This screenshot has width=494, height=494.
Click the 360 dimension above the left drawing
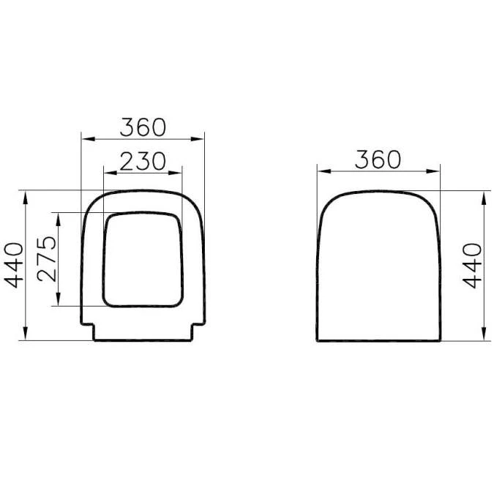[x=143, y=127]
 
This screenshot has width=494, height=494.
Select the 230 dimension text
[x=143, y=162]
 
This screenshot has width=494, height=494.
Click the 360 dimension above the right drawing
[x=378, y=159]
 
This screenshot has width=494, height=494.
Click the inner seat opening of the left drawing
[x=143, y=259]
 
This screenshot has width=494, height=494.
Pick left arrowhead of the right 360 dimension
[x=321, y=171]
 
